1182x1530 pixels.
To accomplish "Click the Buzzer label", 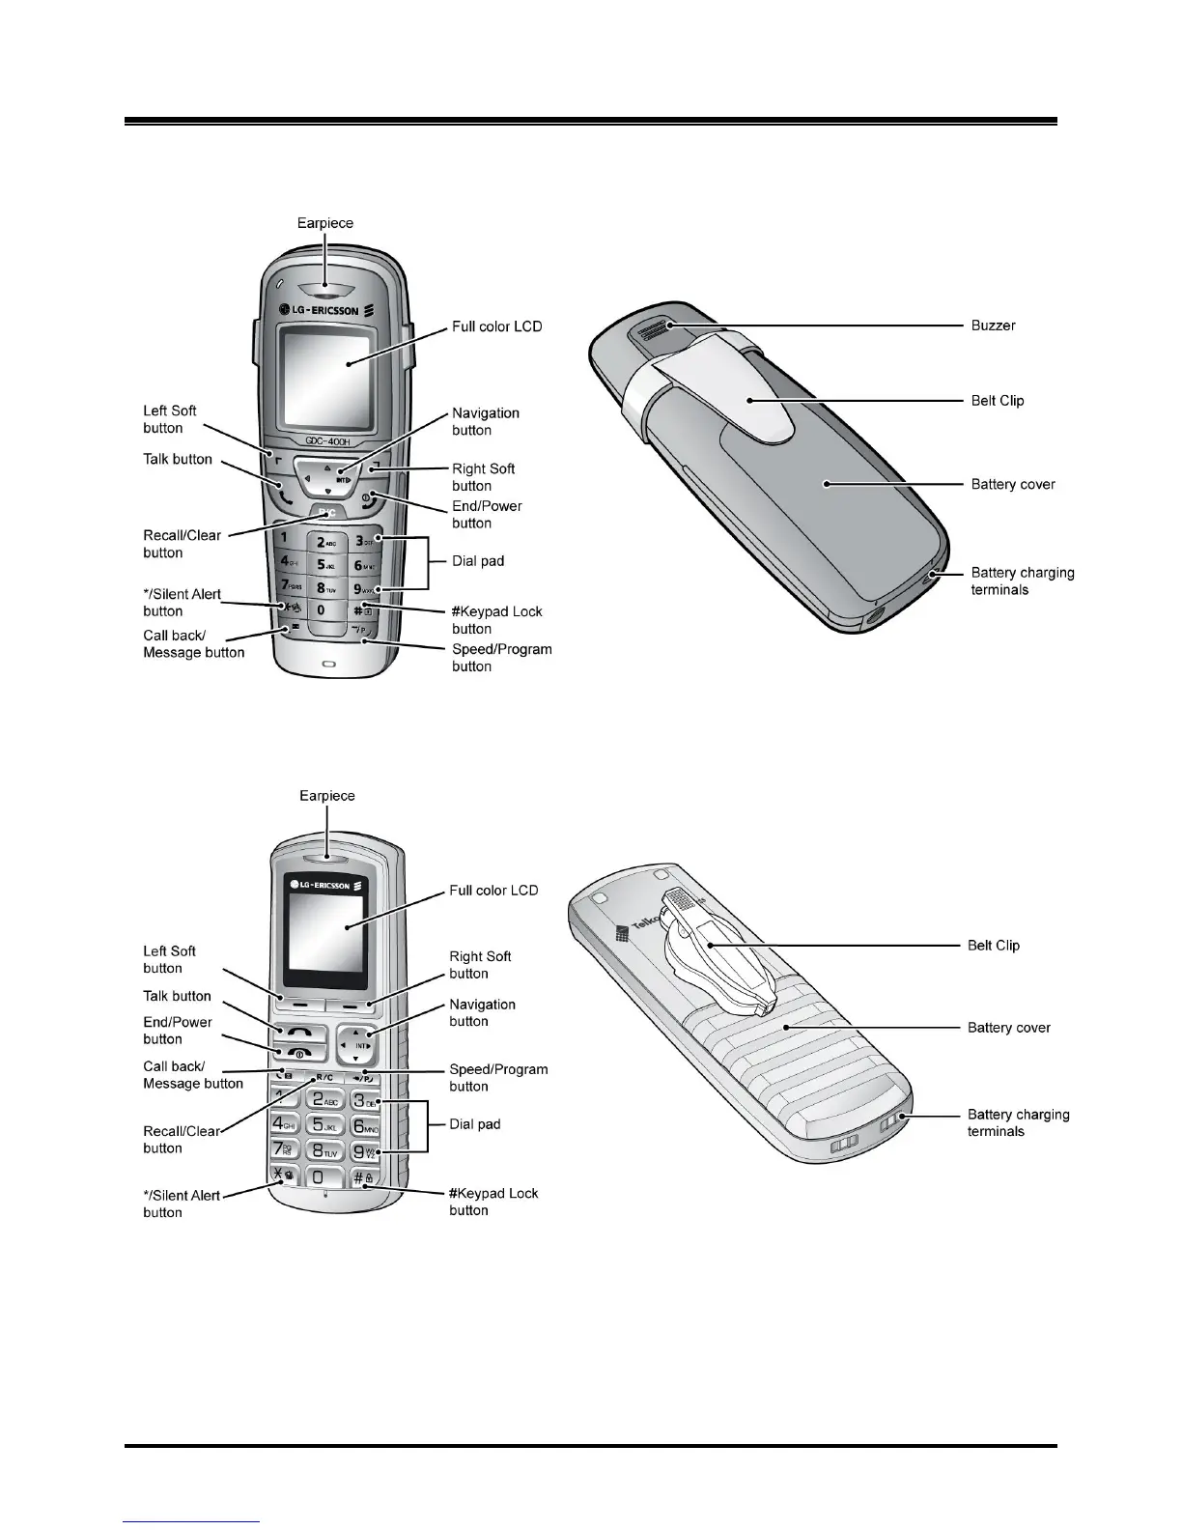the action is (993, 326).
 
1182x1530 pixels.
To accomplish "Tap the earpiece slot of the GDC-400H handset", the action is (325, 287).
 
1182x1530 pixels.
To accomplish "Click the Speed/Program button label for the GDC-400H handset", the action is (501, 658).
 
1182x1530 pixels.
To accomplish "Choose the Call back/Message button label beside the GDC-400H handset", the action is (193, 644).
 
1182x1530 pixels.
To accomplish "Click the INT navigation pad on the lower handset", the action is (361, 1045).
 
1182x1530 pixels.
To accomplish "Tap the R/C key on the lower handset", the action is (324, 1077).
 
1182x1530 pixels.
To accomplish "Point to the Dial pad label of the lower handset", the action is (475, 1124).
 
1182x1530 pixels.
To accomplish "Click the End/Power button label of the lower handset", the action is (177, 1031).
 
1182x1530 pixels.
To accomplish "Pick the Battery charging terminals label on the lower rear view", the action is (1018, 1122).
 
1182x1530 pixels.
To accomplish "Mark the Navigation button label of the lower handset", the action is (482, 1012).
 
